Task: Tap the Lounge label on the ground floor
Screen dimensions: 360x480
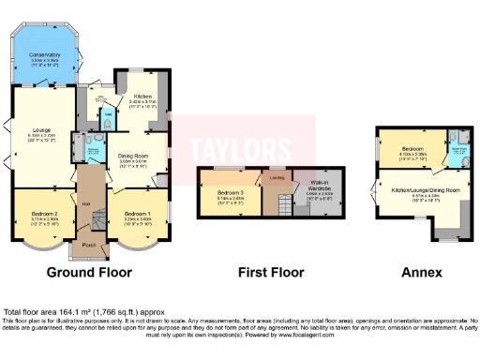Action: pos(39,130)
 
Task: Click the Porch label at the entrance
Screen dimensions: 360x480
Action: pos(90,247)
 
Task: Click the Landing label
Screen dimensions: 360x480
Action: pos(277,174)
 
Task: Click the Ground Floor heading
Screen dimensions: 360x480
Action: pos(89,273)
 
